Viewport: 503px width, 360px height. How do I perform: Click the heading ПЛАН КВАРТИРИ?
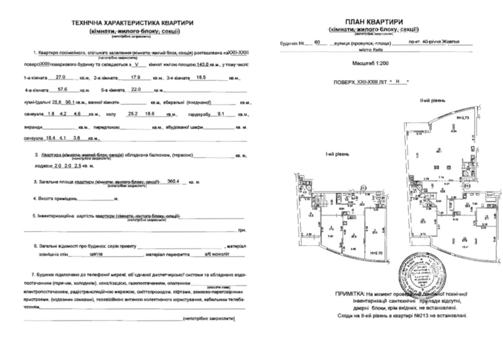tap(377, 22)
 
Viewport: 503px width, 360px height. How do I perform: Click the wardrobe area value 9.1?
tap(220, 114)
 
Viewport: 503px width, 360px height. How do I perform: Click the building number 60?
tap(318, 43)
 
